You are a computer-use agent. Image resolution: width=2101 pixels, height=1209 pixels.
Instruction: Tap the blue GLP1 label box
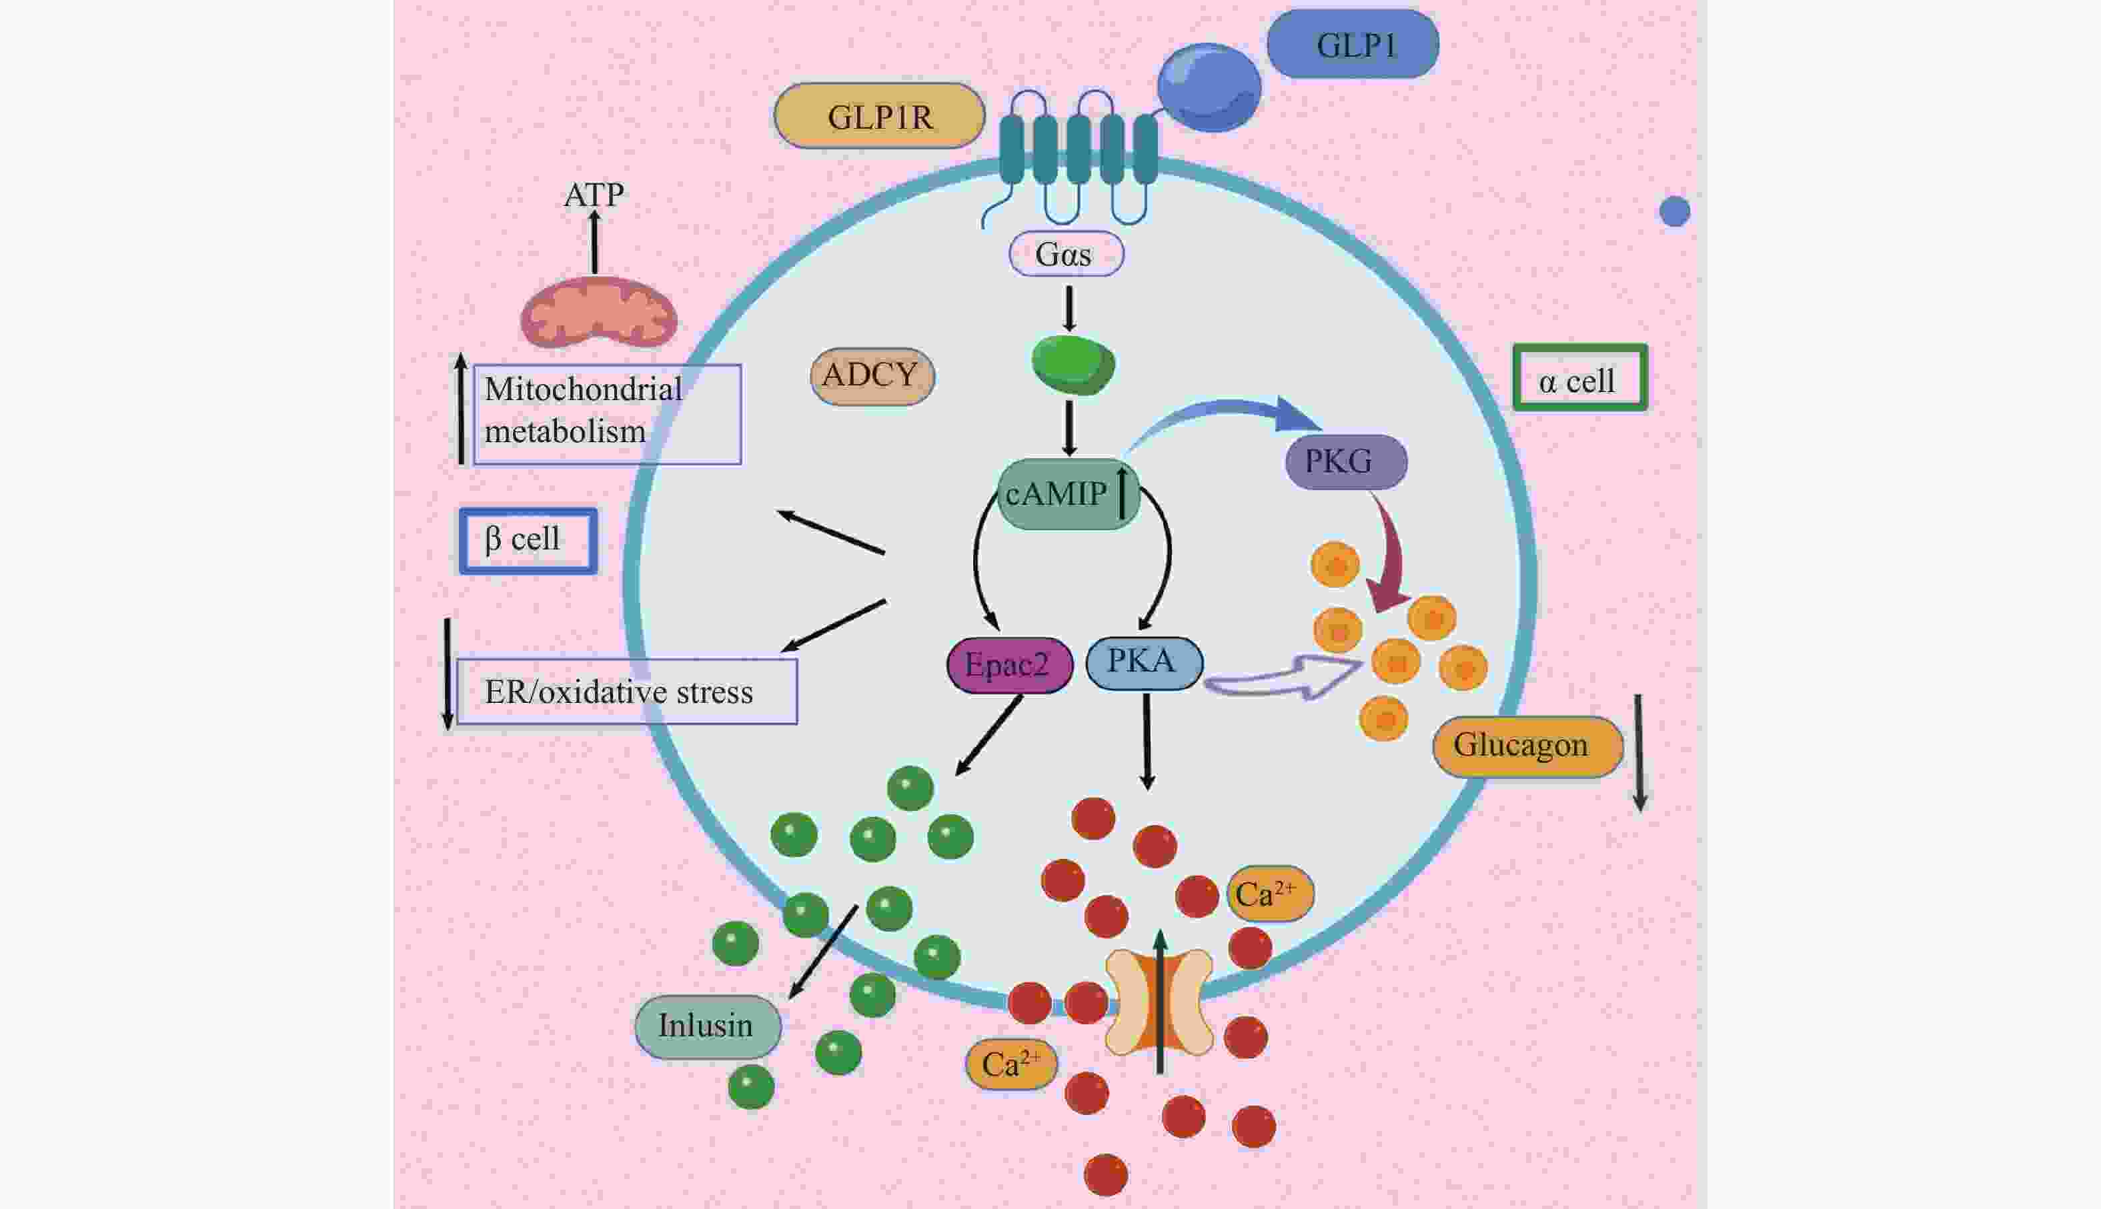pyautogui.click(x=1353, y=45)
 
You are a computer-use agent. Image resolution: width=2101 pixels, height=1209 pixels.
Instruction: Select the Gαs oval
pyautogui.click(x=1065, y=254)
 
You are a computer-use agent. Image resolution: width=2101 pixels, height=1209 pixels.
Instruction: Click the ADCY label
pyautogui.click(x=872, y=376)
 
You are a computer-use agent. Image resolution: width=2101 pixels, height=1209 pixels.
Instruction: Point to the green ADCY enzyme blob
pyautogui.click(x=1072, y=363)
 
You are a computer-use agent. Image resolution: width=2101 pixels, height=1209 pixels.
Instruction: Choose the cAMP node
pyautogui.click(x=1067, y=494)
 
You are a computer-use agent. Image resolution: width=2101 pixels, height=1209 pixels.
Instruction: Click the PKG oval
pyautogui.click(x=1345, y=461)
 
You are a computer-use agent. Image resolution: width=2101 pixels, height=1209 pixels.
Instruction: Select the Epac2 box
pyautogui.click(x=1009, y=664)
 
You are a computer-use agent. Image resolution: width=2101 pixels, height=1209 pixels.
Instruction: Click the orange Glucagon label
pyautogui.click(x=1526, y=746)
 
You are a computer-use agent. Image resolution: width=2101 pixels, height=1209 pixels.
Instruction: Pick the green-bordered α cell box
pyautogui.click(x=1579, y=379)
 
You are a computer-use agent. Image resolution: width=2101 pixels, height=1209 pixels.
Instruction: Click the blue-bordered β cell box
pyautogui.click(x=528, y=541)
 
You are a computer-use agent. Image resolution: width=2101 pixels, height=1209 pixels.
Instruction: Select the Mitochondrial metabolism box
pyautogui.click(x=607, y=413)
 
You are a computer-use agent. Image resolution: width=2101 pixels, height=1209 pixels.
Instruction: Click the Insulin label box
pyautogui.click(x=708, y=1026)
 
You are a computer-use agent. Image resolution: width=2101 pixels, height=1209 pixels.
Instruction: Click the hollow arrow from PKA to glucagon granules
pyautogui.click(x=1284, y=678)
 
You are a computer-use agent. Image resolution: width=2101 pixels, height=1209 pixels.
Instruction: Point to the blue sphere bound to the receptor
pyautogui.click(x=1209, y=87)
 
